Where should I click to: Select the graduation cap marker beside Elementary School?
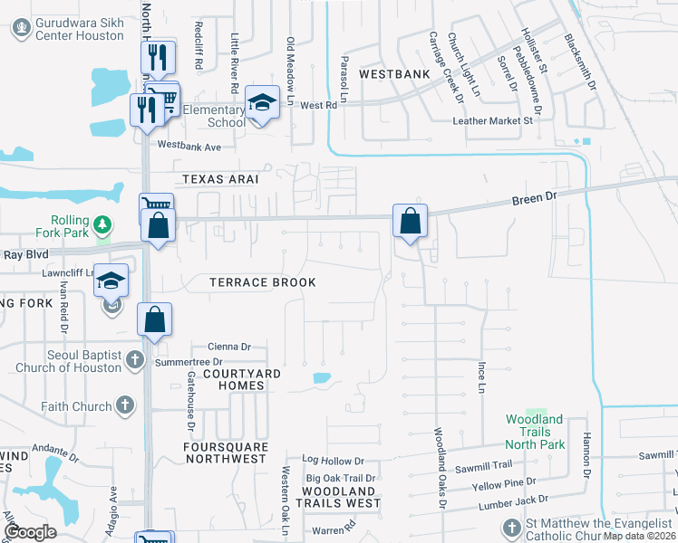click(261, 103)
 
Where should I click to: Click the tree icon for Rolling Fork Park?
click(104, 223)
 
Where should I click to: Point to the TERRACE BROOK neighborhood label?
click(263, 282)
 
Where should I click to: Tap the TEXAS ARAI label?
click(220, 179)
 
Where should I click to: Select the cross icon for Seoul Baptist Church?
click(134, 359)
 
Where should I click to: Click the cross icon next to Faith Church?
click(125, 407)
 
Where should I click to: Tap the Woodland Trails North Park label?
click(535, 432)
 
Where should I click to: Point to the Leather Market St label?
click(493, 120)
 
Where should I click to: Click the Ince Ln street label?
click(482, 377)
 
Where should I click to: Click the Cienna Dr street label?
click(228, 347)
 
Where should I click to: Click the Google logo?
click(31, 532)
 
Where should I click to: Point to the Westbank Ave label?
click(189, 145)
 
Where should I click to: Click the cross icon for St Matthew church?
click(512, 527)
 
